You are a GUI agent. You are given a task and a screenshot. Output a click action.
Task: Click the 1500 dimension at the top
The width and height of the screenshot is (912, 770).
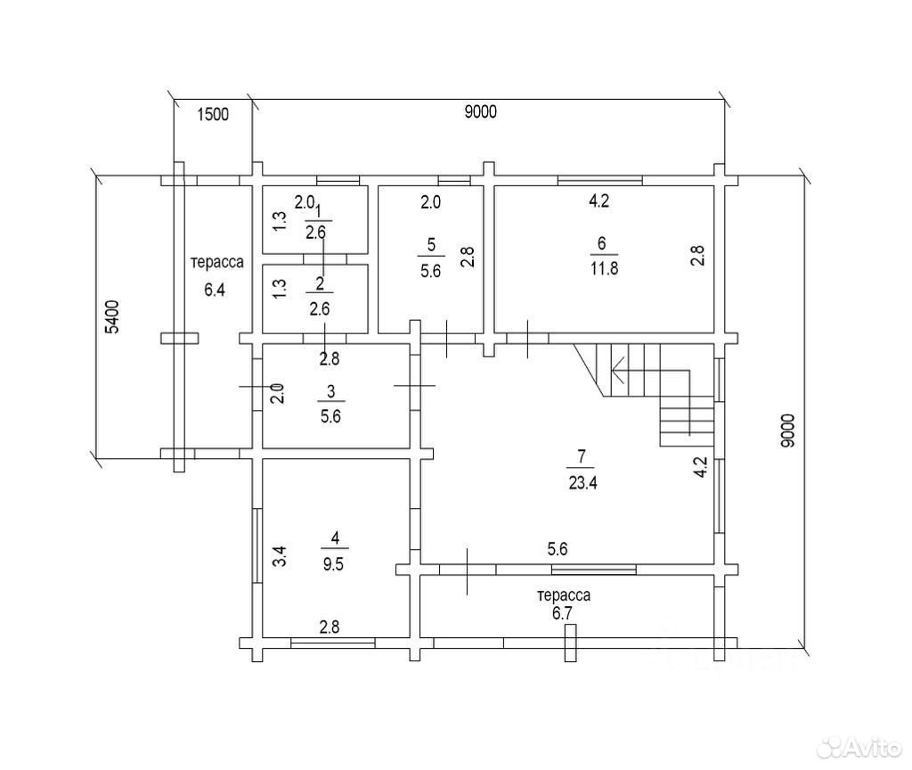coord(213,114)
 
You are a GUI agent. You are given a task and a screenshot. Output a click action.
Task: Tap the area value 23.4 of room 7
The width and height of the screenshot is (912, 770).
coord(582,482)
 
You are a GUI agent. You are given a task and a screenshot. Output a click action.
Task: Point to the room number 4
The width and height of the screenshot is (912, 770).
coord(335,537)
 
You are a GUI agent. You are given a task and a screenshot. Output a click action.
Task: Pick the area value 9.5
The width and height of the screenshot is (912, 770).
coord(333,564)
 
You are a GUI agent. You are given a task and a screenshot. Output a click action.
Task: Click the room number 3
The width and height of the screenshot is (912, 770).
coord(331,391)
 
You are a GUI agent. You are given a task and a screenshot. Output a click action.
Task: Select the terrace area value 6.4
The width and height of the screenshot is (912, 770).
coord(215,290)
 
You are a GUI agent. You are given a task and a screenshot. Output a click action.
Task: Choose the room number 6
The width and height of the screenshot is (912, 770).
coord(601,242)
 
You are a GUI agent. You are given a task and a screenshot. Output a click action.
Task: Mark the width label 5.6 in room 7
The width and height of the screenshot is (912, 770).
coord(558,549)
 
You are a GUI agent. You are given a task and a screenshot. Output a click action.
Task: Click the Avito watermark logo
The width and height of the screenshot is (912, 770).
coord(858,748)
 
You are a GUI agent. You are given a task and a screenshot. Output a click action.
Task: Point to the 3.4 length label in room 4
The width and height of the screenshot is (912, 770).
coord(281,556)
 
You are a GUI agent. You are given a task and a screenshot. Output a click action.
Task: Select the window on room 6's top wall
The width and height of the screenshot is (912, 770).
coord(600,180)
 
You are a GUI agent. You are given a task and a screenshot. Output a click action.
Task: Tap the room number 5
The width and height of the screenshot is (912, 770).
coord(431,244)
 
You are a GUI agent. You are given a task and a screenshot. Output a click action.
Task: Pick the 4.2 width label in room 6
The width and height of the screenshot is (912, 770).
coord(599,201)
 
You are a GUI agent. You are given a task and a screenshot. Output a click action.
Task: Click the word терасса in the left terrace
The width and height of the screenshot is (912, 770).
coord(217,263)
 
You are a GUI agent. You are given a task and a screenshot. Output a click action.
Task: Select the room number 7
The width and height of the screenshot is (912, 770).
coord(581,456)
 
